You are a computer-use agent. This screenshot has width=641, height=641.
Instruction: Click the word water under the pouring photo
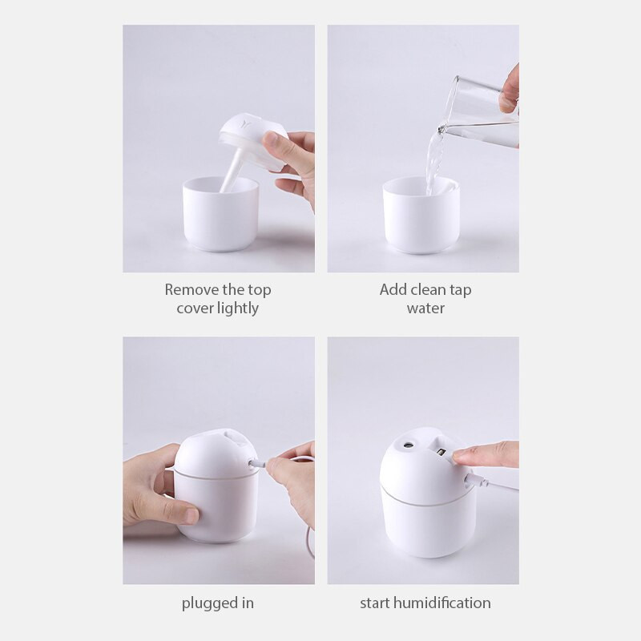(425, 308)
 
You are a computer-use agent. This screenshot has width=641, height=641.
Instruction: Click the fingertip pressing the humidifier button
(465, 458)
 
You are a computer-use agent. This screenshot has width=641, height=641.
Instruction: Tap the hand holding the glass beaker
(508, 92)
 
